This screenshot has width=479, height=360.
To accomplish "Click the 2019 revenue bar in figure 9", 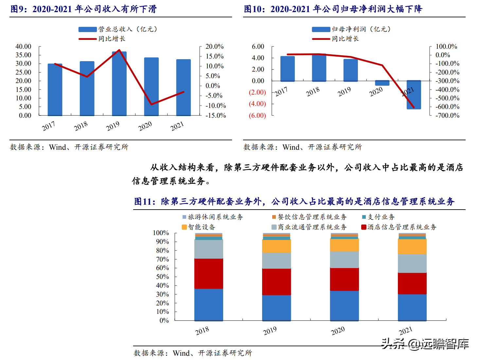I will pos(119,84).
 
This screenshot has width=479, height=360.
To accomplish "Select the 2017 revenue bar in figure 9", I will pos(55,90).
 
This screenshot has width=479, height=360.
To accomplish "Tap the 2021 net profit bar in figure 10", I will pos(414,95).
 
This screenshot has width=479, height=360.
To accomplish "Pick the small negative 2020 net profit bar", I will pos(382,83).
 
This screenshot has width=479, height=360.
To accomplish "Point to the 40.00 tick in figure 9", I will pos(23,46).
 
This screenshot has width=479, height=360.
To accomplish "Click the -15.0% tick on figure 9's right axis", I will pos(216,115).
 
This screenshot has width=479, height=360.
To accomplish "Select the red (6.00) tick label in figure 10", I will pos(257,115).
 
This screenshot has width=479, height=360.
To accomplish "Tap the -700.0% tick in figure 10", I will pos(447,115).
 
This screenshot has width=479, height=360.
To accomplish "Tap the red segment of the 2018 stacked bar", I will pos(209,273).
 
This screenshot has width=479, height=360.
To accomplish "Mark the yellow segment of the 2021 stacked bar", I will pos(412,247).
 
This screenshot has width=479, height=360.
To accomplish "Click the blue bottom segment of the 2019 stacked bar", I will pos(276,308).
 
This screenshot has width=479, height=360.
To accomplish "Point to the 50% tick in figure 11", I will pos(162,277).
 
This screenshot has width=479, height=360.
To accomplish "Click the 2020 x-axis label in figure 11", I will pos(338,331).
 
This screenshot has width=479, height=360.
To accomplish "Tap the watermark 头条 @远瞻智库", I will pos(425,344).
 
